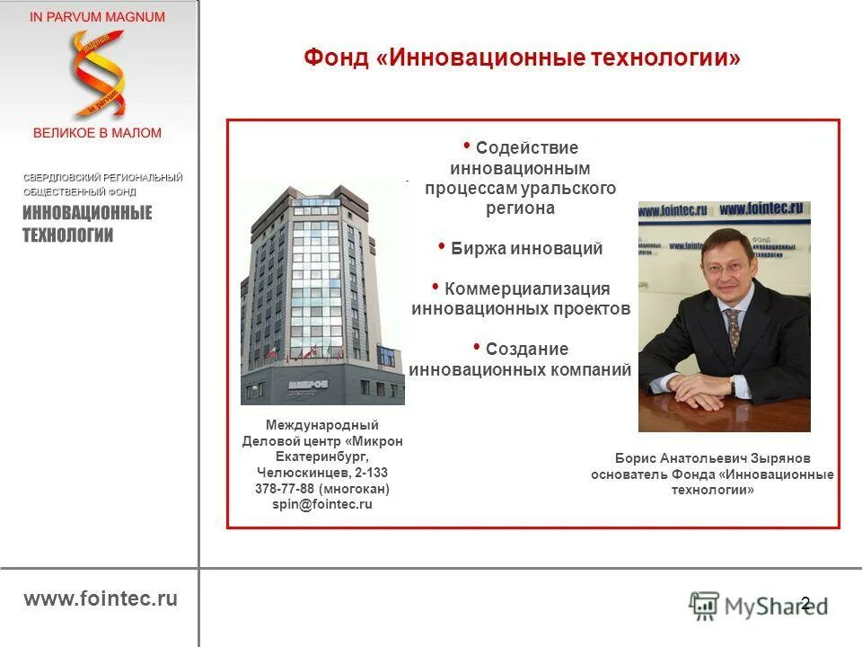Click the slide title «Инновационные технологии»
pyautogui.click(x=523, y=58)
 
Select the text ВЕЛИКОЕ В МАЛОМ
pyautogui.click(x=97, y=133)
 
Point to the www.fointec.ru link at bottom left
pyautogui.click(x=101, y=599)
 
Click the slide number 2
pyautogui.click(x=805, y=603)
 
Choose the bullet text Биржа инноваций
pyautogui.click(x=525, y=249)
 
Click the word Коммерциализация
pyautogui.click(x=526, y=288)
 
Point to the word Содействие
pyautogui.click(x=526, y=147)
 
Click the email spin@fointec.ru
pyautogui.click(x=322, y=505)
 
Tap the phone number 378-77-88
pyautogui.click(x=284, y=489)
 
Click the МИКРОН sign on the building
pyautogui.click(x=308, y=384)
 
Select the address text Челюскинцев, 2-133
pyautogui.click(x=322, y=473)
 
